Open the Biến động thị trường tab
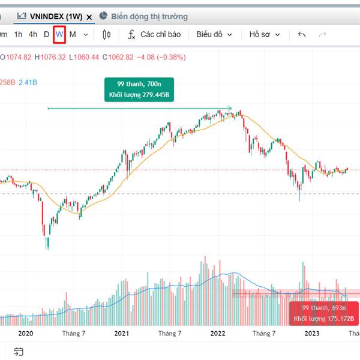coord(148,16)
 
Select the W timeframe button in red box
coord(59,34)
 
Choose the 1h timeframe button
coord(18,34)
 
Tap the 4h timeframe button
coord(33,34)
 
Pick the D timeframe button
coord(46,34)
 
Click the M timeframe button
coord(73,34)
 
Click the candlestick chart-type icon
coord(107,35)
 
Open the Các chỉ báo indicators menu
coord(154,34)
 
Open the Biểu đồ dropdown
coord(214,34)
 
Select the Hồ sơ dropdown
coord(265,34)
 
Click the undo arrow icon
coord(302,34)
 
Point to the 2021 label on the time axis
coord(122,333)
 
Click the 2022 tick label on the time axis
coord(217,333)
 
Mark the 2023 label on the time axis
coord(312,333)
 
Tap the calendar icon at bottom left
coord(19,352)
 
